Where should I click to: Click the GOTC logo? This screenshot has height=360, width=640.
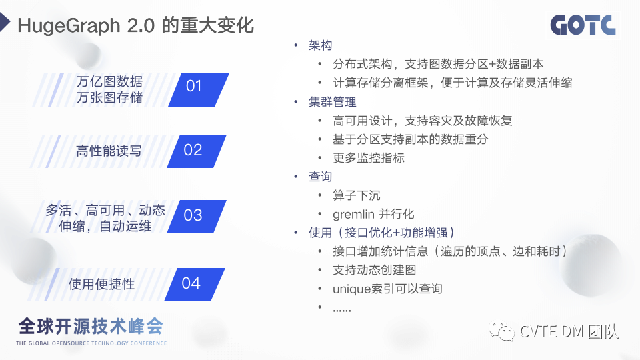pos(583,25)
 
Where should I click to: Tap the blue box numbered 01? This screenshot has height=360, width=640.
pos(199,90)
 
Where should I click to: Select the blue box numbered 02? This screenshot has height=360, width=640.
pos(197,151)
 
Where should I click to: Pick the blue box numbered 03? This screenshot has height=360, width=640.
pos(197,216)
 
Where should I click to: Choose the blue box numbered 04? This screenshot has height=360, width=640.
pos(195,285)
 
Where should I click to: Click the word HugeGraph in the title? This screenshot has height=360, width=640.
pos(69,26)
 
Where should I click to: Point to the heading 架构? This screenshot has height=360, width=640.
pos(321,45)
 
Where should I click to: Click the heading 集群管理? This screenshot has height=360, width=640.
pos(333,101)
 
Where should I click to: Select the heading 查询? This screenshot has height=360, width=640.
pos(321,176)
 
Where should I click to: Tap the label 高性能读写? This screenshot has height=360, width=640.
pos(109,151)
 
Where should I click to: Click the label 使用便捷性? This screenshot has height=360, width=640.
pos(101,284)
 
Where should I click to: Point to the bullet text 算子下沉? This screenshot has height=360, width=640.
pos(356,195)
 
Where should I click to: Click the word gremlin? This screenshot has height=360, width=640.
pos(353,215)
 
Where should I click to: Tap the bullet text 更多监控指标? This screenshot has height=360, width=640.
pos(369,158)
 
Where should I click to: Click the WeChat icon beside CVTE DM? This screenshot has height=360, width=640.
pos(501,331)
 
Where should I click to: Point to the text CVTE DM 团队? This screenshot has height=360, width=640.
pos(569,331)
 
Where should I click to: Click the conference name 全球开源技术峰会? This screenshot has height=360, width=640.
pos(91,327)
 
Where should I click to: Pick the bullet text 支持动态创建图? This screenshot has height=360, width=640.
pos(375,270)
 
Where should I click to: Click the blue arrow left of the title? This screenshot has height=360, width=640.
pos(5,22)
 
